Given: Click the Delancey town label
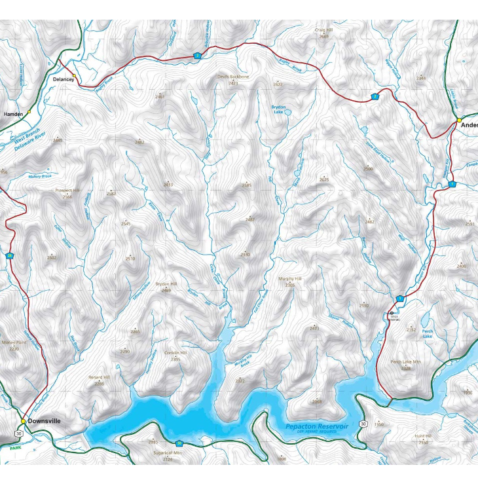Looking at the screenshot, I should pos(61,79).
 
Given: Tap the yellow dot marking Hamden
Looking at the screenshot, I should pos(29,112).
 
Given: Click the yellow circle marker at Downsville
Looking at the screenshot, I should pos(23,421).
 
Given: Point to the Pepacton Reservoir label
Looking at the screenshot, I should pos(317,426).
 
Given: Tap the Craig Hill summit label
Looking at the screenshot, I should pos(324,29).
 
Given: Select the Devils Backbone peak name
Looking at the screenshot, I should pos(233,77).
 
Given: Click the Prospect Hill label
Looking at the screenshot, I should pos(67,191).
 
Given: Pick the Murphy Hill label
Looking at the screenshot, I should pos(289,279).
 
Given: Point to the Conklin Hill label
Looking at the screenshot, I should pos(175,353).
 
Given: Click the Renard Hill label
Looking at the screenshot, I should pos(100,377).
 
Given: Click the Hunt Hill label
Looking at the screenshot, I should pos(423,436).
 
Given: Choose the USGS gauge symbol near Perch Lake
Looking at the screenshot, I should pos(392,312).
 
